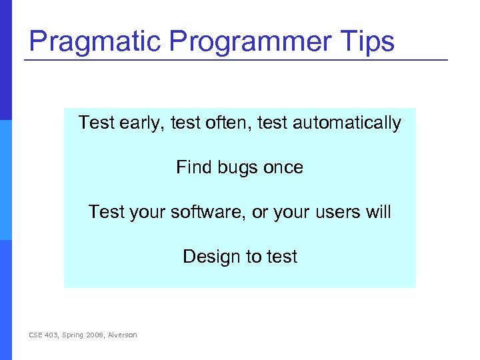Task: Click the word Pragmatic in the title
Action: [95, 41]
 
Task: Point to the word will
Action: [378, 212]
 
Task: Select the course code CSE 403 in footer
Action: [44, 335]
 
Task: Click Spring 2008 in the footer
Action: [84, 335]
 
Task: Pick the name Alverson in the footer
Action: [122, 335]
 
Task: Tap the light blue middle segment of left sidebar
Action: [6, 180]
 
